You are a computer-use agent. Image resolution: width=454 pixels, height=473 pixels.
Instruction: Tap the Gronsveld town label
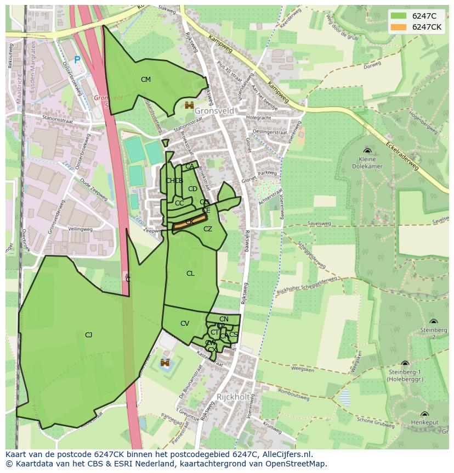click(x=214, y=111)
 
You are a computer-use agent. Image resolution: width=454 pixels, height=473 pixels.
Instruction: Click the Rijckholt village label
click(x=233, y=397)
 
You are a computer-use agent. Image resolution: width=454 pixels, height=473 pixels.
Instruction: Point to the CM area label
click(x=145, y=80)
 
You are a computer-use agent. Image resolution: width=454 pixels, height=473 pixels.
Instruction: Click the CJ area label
click(x=88, y=335)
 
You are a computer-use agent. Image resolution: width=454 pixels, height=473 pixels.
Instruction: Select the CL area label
click(x=190, y=274)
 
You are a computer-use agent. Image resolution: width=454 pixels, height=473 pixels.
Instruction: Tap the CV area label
click(x=185, y=324)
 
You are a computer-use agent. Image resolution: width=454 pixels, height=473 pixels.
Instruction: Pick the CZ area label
click(x=208, y=229)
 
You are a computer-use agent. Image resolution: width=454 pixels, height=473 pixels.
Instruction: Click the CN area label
click(x=224, y=319)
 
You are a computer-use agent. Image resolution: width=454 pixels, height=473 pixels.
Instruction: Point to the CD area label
click(x=192, y=189)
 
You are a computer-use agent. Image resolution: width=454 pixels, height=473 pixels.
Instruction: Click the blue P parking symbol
click(x=77, y=60)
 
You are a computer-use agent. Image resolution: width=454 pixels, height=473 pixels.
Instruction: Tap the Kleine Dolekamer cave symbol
click(x=367, y=151)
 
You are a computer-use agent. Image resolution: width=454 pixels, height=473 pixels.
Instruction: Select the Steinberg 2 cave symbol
click(x=433, y=322)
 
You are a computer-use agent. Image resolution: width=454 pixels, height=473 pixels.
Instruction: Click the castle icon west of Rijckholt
click(x=164, y=363)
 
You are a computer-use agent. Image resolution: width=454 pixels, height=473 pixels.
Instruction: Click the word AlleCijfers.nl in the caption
click(x=286, y=454)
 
